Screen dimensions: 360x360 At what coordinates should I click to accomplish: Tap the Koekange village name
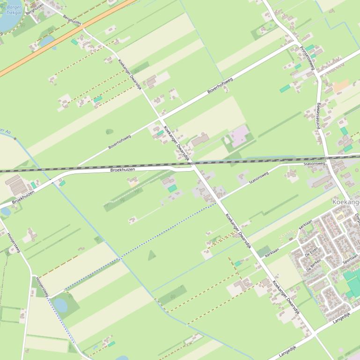[345, 202]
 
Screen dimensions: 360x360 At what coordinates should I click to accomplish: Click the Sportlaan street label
[350, 259]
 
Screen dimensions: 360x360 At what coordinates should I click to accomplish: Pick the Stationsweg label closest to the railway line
[314, 164]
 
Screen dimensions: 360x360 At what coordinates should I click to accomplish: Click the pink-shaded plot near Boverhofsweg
[239, 136]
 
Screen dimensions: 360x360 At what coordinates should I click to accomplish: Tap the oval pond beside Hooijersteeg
[60, 305]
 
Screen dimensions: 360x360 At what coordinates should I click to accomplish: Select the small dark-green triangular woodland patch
[152, 255]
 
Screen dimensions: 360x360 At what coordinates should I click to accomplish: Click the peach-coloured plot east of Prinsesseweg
[341, 86]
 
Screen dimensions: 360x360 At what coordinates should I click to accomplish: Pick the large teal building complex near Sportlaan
[353, 283]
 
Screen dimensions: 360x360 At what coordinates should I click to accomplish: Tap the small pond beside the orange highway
[47, 42]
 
